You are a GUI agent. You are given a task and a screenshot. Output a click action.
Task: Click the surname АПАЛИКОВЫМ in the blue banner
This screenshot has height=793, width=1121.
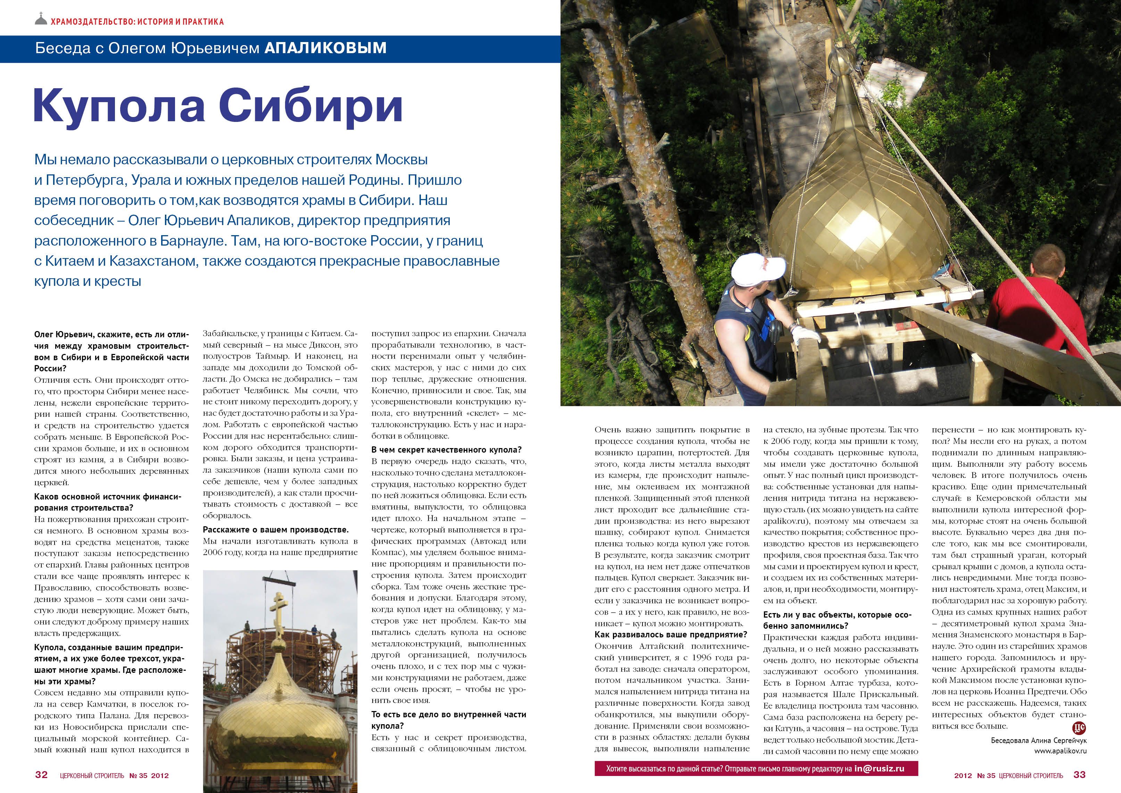tap(325, 48)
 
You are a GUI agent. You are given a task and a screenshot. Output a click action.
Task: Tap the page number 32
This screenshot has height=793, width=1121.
tap(42, 775)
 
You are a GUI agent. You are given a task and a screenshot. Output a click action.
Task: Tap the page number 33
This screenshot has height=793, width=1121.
tap(1079, 775)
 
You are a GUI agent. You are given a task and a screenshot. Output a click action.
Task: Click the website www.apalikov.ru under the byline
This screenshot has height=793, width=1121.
tap(1060, 751)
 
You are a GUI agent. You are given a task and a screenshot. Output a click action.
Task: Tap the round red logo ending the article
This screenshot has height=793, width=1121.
tap(1078, 728)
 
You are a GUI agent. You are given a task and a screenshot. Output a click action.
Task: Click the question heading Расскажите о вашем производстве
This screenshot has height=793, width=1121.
tap(276, 530)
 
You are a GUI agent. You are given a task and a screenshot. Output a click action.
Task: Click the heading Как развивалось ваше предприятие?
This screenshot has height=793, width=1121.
tap(671, 635)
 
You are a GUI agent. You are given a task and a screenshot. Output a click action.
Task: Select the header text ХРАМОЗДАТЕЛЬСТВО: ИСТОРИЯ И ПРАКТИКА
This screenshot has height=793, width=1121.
tap(137, 22)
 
